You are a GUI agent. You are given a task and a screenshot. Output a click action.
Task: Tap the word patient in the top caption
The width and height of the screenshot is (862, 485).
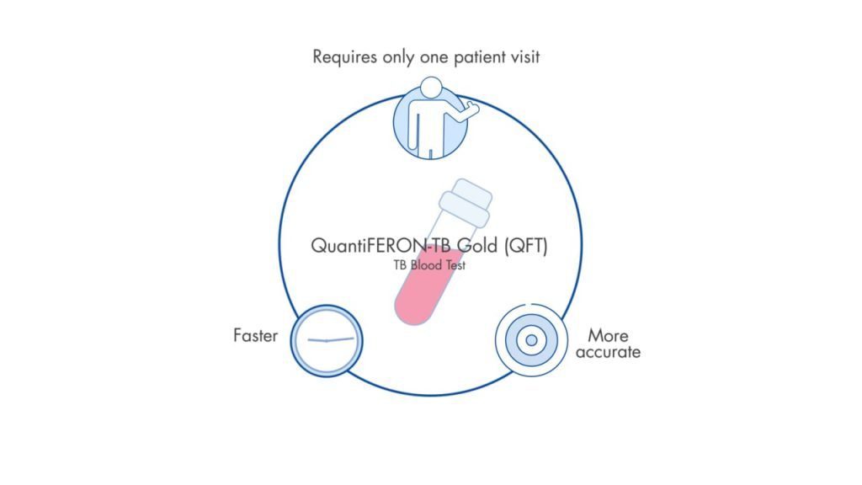tap(476, 56)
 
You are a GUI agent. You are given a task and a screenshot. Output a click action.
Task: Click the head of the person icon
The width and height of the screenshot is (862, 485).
tap(431, 88)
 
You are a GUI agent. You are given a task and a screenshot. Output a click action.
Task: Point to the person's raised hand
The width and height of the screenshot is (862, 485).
tap(472, 108)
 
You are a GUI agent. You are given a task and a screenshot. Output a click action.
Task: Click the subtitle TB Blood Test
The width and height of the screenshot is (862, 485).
tap(429, 264)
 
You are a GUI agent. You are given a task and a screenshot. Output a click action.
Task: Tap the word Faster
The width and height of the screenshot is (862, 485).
tap(255, 335)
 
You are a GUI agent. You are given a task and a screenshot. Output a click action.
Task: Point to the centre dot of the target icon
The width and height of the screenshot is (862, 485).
tap(530, 340)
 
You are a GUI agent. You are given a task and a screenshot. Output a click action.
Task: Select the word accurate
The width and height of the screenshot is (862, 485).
tap(608, 352)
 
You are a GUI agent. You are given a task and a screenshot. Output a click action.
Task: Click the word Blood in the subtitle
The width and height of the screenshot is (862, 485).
tap(431, 264)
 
